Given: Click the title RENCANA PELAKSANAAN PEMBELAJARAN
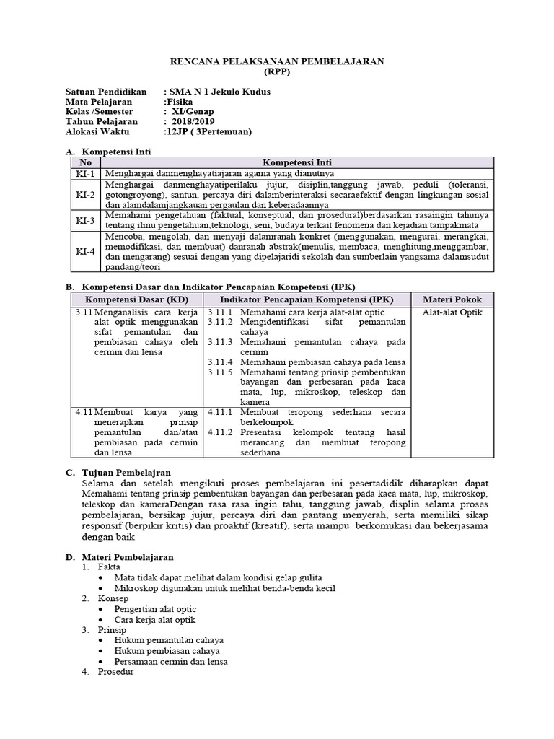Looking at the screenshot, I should (276, 63).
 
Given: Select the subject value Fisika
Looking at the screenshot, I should (177, 102).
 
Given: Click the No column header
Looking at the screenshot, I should (85, 163).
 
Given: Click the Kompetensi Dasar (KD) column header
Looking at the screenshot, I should (136, 299).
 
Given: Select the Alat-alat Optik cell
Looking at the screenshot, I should (452, 312).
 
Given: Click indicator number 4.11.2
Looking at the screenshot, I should (218, 432).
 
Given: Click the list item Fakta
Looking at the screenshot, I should (111, 567).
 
